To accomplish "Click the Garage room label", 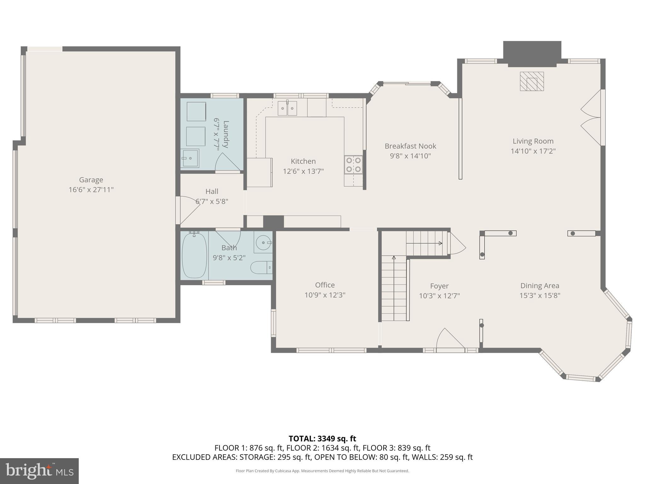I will coord(91,180).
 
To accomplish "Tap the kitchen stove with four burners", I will coord(353,164).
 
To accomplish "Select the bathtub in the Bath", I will coord(194,255).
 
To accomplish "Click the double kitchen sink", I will coord(287,108).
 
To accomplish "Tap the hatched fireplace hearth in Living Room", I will coord(532,82).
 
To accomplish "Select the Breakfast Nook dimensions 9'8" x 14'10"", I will coord(410,156).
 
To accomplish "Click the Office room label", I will coord(325,285).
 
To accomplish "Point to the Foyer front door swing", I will coord(450,339).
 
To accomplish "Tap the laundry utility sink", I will coord(190,158).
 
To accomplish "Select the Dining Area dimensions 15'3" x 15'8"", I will coord(539,296).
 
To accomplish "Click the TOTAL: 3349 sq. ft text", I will coord(322,439).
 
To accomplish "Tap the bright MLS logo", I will coord(39,471).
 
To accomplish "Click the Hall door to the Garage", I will coord(189,209).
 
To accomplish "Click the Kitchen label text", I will coord(303,161).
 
